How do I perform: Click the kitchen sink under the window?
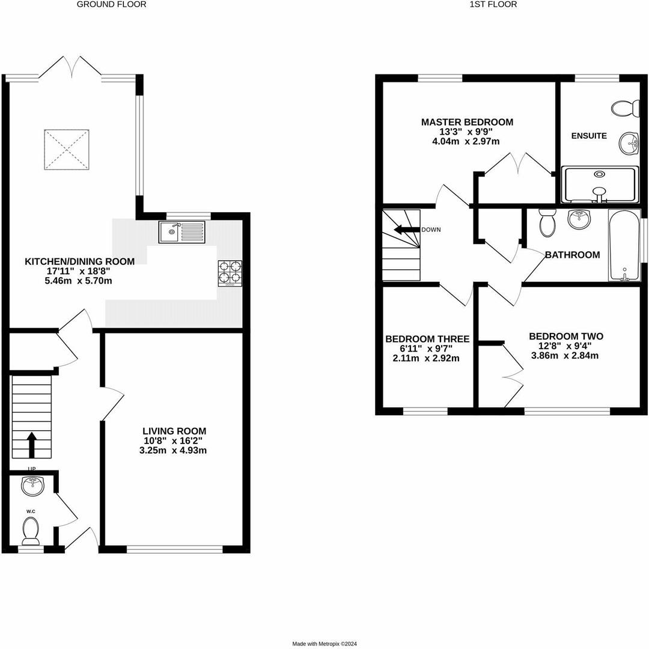[x=181, y=231]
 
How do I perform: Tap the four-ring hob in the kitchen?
[x=230, y=273]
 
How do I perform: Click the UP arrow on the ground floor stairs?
[x=32, y=445]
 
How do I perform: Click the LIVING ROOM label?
[x=174, y=431]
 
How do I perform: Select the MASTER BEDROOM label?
[x=467, y=122]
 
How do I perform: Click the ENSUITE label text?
[x=588, y=136]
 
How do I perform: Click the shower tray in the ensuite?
[x=600, y=185]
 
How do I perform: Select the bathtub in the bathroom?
[x=624, y=245]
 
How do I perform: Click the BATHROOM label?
[x=572, y=255]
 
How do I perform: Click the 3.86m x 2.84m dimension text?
[x=565, y=355]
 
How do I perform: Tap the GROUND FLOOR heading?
[x=112, y=4]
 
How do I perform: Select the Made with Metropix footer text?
[x=324, y=644]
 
